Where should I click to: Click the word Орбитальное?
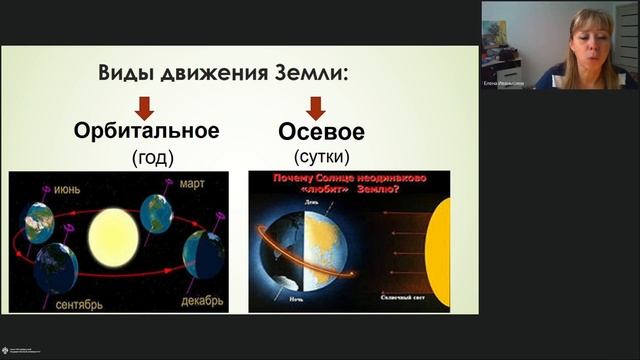[x=145, y=132]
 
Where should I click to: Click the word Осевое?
[x=320, y=132]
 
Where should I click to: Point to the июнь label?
[x=68, y=186]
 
